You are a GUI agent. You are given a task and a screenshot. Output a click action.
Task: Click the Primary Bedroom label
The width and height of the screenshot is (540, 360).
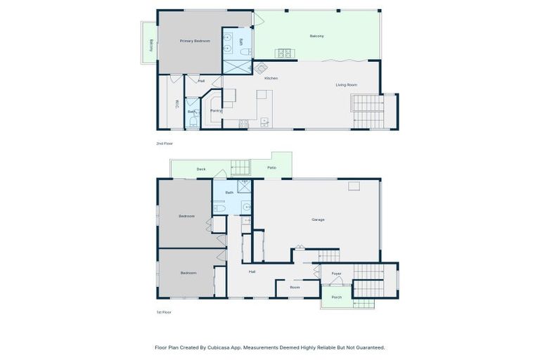coord(195,41)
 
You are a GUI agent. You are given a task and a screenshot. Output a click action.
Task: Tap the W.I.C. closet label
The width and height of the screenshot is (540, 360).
coord(177,103)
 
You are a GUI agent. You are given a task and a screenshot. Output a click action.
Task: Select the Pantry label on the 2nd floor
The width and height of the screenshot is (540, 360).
coord(216,110)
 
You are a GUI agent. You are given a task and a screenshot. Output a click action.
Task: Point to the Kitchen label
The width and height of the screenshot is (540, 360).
coord(271,78)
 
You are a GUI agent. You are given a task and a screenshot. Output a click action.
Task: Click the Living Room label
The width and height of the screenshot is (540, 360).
coord(346,84)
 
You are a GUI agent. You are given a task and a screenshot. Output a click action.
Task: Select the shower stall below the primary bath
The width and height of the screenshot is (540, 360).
coord(237,67)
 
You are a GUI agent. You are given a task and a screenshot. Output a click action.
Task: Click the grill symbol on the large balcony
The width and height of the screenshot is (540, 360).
coord(285,53)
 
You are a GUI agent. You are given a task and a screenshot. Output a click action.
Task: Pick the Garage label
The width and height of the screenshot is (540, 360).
coord(318,219)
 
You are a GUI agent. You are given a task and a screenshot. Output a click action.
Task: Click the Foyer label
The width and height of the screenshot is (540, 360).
coord(336,274)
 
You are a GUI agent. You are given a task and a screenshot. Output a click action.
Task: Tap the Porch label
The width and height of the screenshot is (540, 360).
coord(337,297)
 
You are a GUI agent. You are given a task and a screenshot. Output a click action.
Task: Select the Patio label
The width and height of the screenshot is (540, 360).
coord(271,168)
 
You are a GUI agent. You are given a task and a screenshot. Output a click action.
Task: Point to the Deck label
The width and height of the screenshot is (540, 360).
coord(201,169)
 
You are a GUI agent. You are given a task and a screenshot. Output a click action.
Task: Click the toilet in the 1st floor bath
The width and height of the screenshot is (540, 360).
coord(219,208)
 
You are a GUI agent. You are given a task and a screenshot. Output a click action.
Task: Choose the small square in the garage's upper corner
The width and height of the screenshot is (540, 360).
coord(354,186)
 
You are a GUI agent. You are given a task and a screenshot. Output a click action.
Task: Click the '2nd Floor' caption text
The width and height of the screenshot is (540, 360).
coord(165,143)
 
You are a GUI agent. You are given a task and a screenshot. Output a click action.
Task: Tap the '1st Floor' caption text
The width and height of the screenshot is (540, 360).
coord(164,311)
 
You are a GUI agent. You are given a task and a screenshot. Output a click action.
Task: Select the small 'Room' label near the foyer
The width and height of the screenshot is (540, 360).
coord(295,287)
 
